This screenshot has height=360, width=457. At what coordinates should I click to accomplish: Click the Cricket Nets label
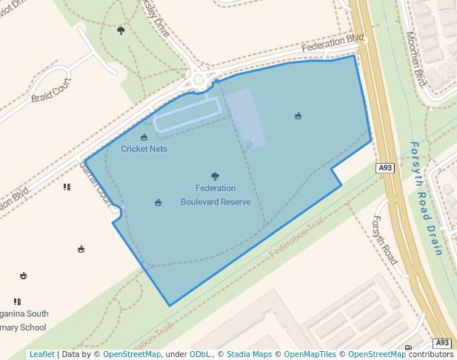(144, 149)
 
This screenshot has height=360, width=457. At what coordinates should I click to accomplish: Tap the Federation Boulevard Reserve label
(215, 195)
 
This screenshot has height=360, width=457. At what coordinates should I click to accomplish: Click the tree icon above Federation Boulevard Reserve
(215, 176)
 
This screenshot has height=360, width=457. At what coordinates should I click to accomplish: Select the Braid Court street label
(51, 90)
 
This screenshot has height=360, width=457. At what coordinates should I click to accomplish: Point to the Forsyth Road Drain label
(426, 198)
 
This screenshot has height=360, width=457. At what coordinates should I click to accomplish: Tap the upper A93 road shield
(384, 168)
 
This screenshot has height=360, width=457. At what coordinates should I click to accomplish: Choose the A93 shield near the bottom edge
(441, 343)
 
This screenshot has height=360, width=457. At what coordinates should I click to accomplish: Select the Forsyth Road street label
(385, 240)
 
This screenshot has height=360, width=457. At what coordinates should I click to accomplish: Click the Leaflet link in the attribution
(41, 355)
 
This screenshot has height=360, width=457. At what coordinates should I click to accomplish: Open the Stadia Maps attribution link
(249, 355)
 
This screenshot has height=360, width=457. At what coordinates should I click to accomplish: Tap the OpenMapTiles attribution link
(311, 355)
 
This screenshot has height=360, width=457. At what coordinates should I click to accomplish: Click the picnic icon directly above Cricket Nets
(144, 137)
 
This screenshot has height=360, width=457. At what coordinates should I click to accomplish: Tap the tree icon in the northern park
(121, 30)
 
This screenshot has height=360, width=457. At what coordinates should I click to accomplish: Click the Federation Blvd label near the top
(333, 44)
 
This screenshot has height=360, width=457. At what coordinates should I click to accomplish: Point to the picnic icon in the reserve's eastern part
(298, 116)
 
